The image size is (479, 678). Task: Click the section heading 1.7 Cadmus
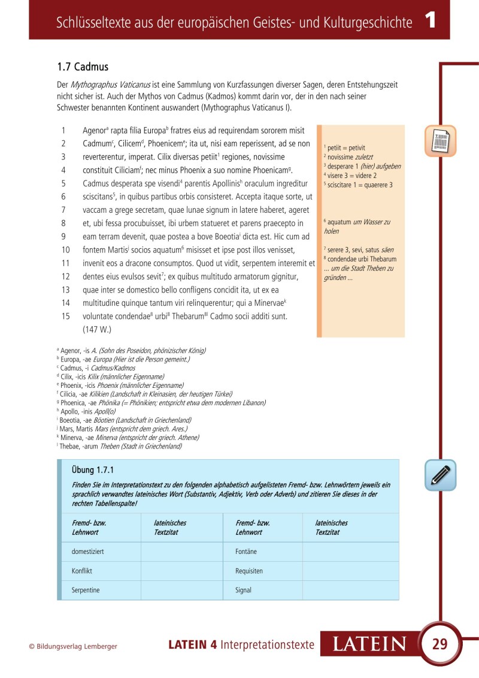pos(83,67)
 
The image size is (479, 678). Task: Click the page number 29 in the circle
pos(439,644)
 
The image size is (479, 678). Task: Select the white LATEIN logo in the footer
pos(369,644)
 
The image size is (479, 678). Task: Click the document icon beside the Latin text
pos(441,141)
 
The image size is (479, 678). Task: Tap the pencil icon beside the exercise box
pos(441,475)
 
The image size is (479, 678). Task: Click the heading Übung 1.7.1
pos(92,470)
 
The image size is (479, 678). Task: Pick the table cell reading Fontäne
pos(248,552)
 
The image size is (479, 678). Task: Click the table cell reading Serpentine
pos(86,590)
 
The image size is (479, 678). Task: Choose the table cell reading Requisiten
pos(249,571)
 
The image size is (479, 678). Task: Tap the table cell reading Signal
pos(244,590)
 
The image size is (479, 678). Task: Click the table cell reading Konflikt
pos(82,571)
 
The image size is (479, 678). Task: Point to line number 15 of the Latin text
pos(66,316)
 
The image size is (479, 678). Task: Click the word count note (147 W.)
pos(97,329)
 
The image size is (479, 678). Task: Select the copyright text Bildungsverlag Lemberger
pos(73,646)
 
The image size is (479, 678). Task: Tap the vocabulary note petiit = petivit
pos(345,147)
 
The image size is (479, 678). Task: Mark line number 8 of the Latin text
pos(63,223)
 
